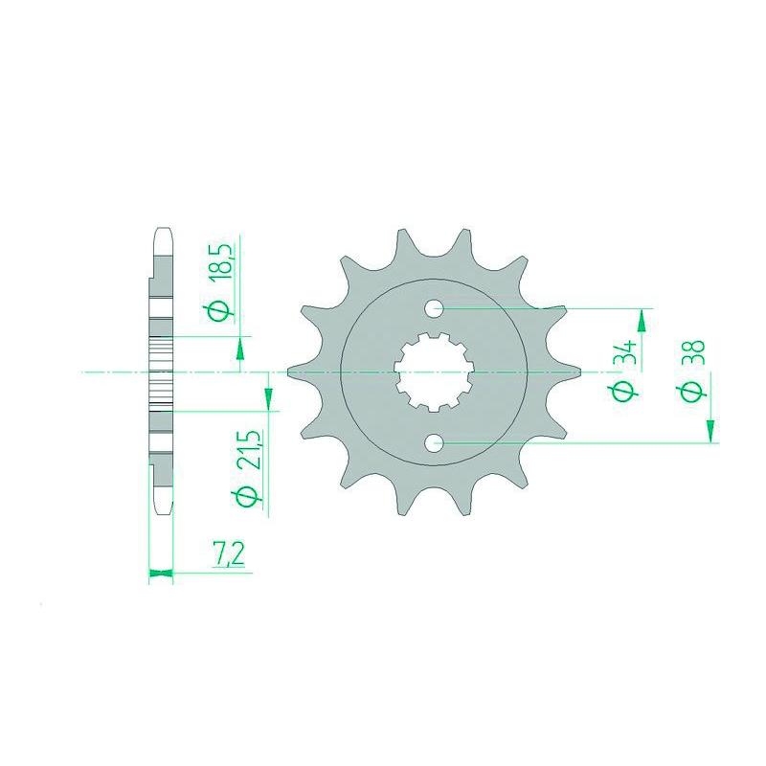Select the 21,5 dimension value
tap(249, 450)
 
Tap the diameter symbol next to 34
tap(623, 391)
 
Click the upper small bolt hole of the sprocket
tap(435, 308)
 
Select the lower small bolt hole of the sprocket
tap(435, 443)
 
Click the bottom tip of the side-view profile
tap(161, 510)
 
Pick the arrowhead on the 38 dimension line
tap(711, 430)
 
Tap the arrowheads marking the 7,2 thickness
tap(161, 574)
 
